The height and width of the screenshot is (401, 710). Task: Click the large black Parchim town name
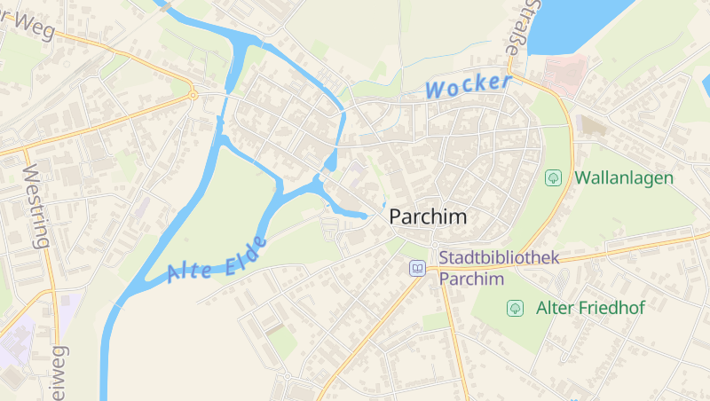pos(428,217)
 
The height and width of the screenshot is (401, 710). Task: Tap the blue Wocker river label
pos(468,86)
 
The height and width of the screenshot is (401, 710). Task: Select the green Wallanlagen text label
pos(624,177)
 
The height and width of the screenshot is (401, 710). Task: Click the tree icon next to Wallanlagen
pos(553,177)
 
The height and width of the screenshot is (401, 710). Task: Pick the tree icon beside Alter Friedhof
pos(514,308)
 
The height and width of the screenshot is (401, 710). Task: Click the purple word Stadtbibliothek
pos(499,258)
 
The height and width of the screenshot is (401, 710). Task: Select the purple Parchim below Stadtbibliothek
pos(471,279)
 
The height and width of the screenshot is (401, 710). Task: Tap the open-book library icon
pos(417,268)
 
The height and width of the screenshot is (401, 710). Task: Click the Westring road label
pos(35,205)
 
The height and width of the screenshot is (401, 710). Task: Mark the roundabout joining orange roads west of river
pos(193,94)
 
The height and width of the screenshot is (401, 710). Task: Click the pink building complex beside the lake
pos(565,70)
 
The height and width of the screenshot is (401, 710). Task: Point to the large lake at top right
pos(577,22)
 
